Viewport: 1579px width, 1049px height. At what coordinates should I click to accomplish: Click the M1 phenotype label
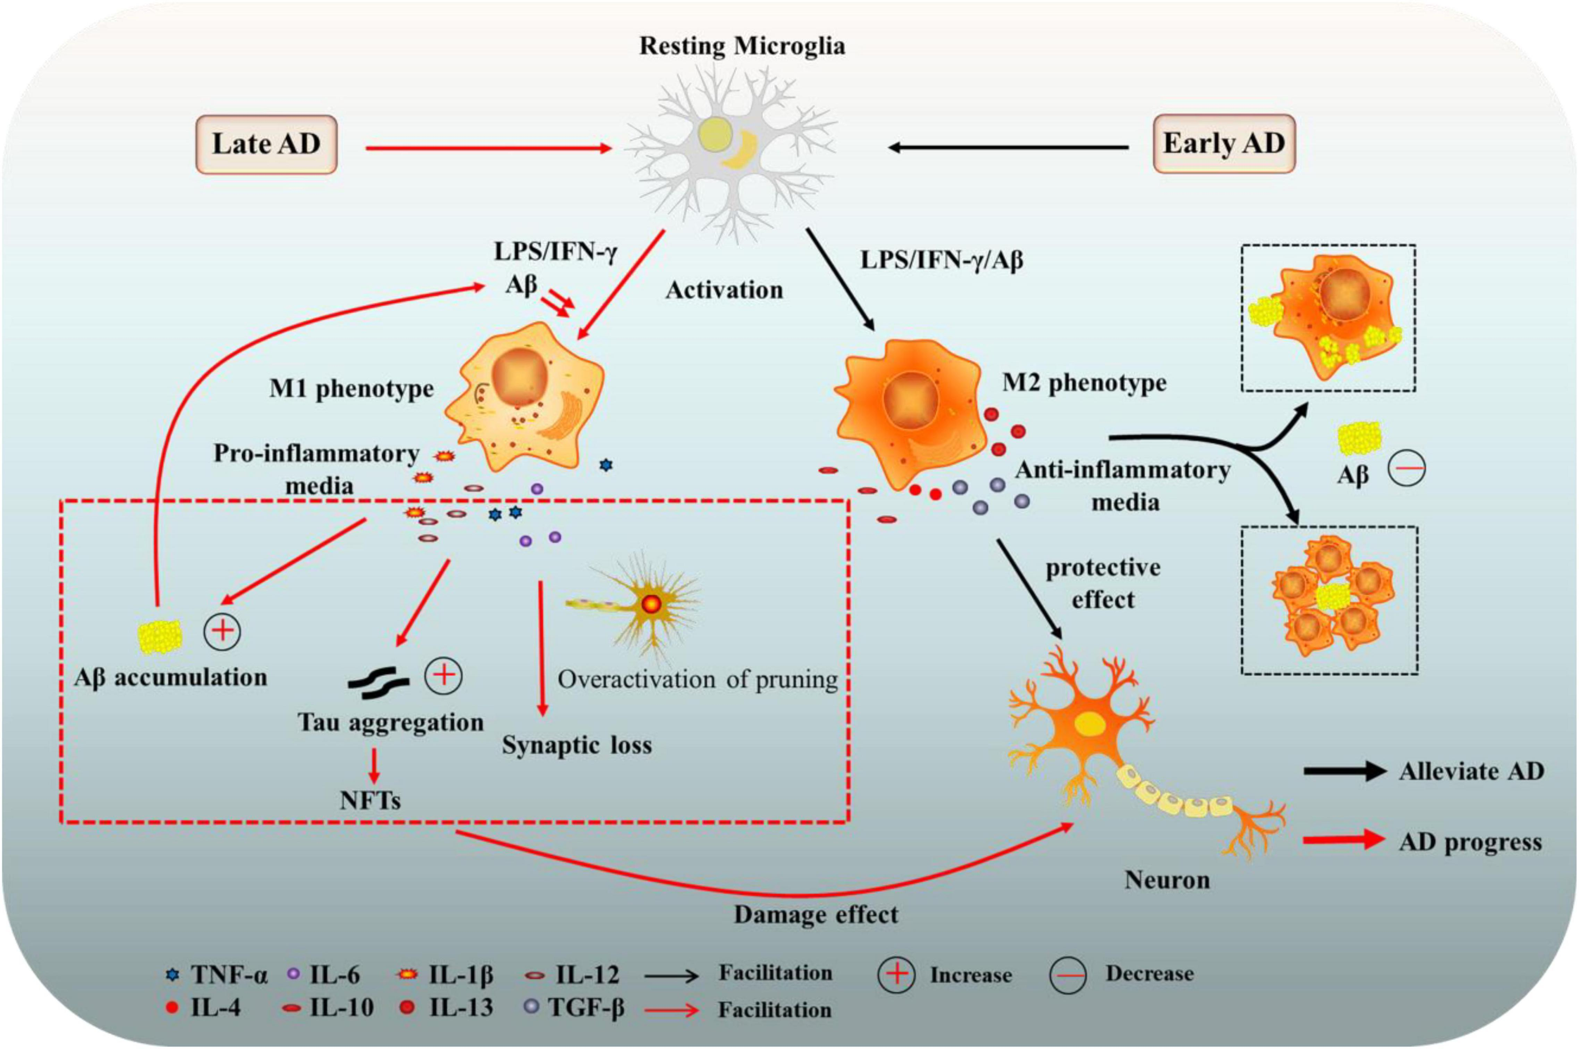[x=352, y=389]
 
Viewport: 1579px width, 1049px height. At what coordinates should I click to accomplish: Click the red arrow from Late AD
[x=489, y=148]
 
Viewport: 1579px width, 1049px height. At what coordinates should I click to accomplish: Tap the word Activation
[x=724, y=290]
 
